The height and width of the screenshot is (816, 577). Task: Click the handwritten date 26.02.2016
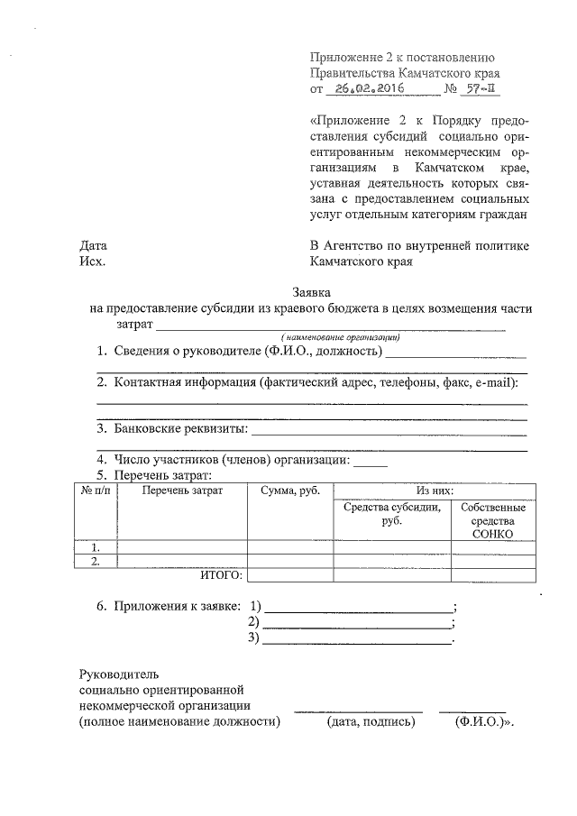tap(365, 89)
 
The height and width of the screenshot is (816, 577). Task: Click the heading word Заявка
tap(312, 291)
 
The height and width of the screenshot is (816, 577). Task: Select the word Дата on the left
tap(94, 245)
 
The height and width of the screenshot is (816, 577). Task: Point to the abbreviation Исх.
tap(92, 261)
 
